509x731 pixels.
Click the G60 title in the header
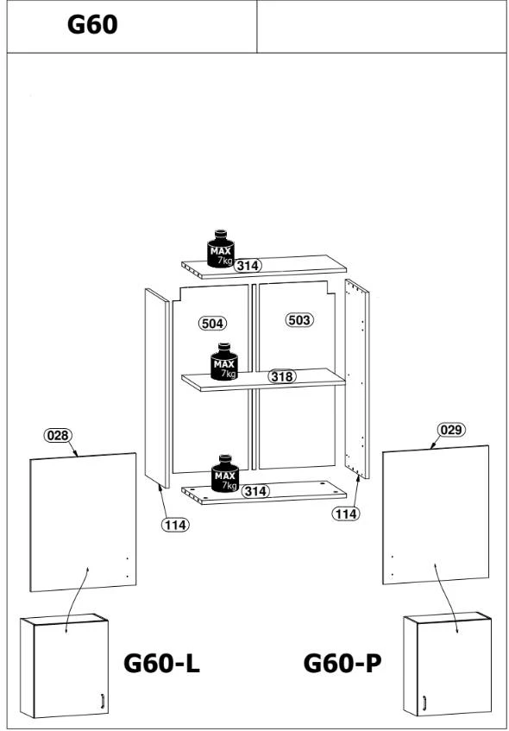click(x=92, y=25)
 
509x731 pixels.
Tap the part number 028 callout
click(x=59, y=436)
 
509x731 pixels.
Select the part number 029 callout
click(x=450, y=430)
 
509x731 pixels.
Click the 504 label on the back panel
click(x=212, y=323)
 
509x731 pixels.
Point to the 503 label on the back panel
click(x=298, y=320)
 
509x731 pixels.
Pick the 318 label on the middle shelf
click(x=282, y=376)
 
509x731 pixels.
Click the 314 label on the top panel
click(x=248, y=266)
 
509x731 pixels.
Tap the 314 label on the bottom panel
click(x=256, y=491)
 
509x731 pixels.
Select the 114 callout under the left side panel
click(x=175, y=525)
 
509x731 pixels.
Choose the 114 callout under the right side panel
click(x=346, y=514)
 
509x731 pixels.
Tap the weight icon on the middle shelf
click(x=224, y=362)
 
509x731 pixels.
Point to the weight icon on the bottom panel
click(x=225, y=473)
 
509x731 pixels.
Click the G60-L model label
click(x=161, y=663)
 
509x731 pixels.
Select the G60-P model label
click(x=342, y=663)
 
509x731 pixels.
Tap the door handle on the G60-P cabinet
click(x=424, y=703)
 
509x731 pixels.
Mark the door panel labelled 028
click(x=83, y=522)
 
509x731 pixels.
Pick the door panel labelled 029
click(x=436, y=514)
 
